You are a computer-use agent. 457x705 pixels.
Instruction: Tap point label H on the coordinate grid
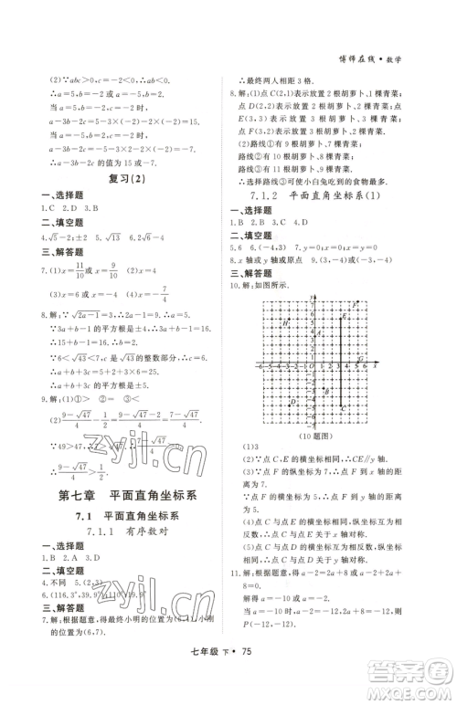click(x=286, y=323)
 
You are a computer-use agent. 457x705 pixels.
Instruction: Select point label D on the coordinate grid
click(x=293, y=401)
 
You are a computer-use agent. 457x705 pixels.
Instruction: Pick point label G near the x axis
click(x=361, y=360)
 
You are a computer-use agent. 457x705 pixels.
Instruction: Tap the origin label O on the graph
click(x=310, y=367)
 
